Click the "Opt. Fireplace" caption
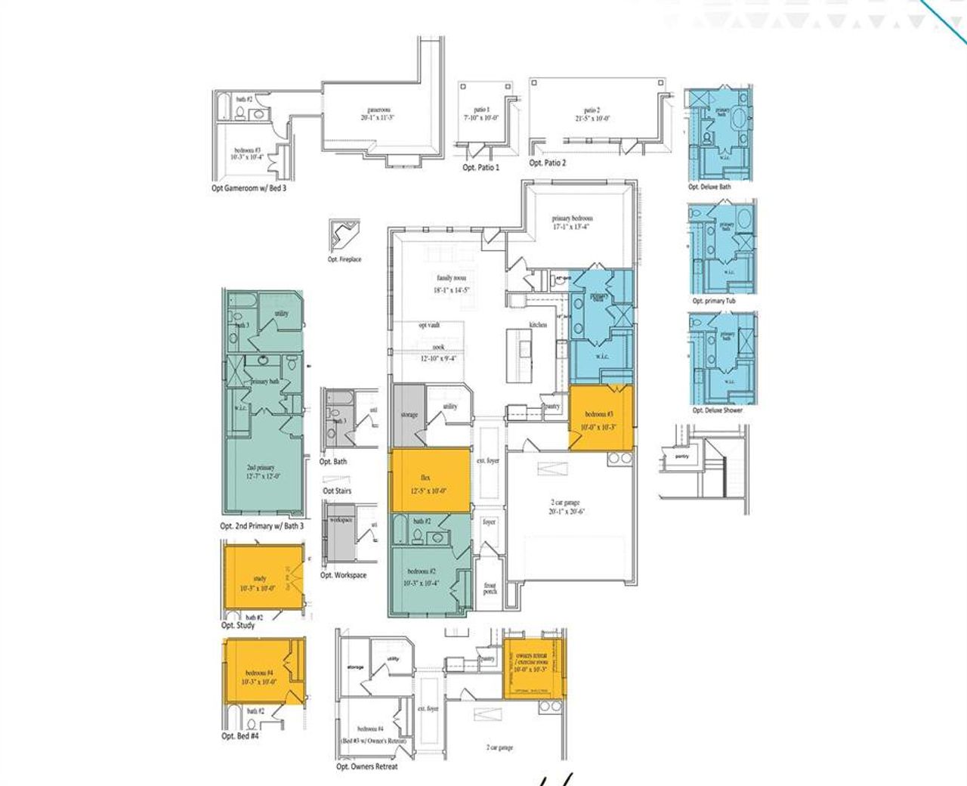(x=344, y=259)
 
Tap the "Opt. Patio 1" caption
(x=480, y=167)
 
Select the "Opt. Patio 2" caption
(x=547, y=162)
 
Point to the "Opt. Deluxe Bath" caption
(x=709, y=187)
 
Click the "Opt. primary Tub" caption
(x=714, y=301)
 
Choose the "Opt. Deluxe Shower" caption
(x=717, y=410)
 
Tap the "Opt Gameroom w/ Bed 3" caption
(x=249, y=188)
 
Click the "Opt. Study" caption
(x=238, y=626)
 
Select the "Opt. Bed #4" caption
(x=240, y=735)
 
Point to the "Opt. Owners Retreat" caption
(x=366, y=766)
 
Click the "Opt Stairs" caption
(x=337, y=491)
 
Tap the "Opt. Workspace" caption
(x=343, y=575)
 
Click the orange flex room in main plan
(x=429, y=481)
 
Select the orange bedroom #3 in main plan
(x=601, y=419)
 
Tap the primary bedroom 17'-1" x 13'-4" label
(x=572, y=222)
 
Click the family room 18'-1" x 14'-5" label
(x=450, y=283)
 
